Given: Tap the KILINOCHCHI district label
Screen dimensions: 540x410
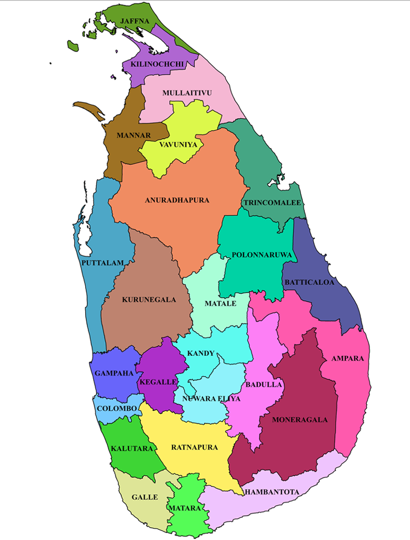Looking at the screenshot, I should (157, 64).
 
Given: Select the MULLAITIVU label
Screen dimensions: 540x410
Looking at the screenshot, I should (187, 92).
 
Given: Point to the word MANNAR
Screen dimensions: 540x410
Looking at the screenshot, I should (133, 135).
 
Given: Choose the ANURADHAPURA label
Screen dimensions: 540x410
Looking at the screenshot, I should (177, 200).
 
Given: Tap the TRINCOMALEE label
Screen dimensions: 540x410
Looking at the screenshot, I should (272, 202).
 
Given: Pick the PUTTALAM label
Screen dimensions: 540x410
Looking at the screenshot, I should (102, 263).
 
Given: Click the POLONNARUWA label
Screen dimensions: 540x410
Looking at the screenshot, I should (262, 255).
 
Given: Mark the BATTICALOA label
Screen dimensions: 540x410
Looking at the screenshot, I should (309, 282).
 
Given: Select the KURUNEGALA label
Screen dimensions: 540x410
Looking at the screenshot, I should (149, 299).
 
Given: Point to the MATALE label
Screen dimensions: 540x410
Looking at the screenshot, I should (220, 303).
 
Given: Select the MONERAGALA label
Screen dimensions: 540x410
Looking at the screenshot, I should (300, 420).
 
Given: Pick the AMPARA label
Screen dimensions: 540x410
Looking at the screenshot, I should (348, 359).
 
